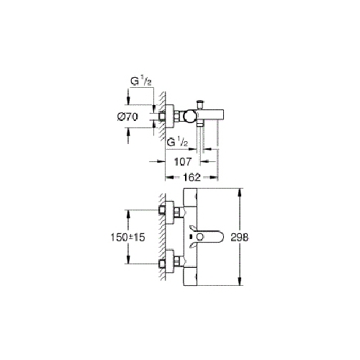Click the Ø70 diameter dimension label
[x=127, y=117]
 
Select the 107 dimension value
[x=183, y=162]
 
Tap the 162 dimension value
[x=192, y=177]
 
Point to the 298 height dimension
[x=240, y=237]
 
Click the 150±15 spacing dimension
[x=127, y=238]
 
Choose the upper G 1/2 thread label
[x=141, y=82]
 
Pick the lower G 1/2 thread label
[x=177, y=143]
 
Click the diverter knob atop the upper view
[x=199, y=104]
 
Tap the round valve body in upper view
[x=189, y=117]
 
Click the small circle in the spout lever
[x=199, y=237]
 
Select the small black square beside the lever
[x=191, y=237]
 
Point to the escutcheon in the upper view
[x=169, y=117]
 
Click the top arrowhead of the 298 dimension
[x=240, y=192]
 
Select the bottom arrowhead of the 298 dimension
[x=240, y=281]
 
